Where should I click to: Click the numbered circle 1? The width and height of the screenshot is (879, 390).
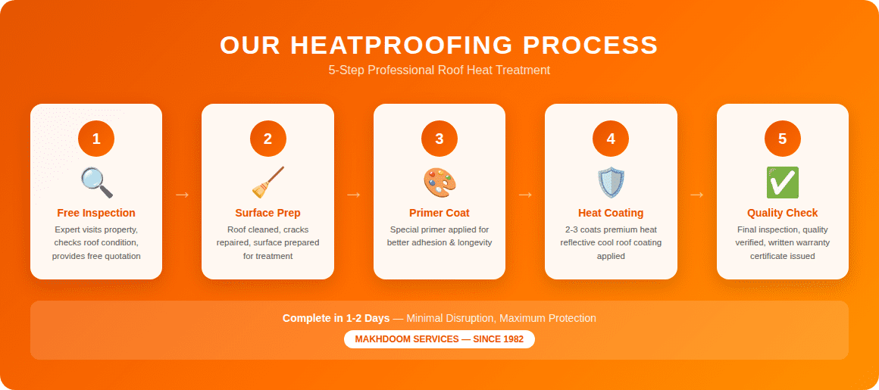96,139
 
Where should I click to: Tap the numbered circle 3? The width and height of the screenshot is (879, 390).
439,139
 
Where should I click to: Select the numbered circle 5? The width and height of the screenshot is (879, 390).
782,139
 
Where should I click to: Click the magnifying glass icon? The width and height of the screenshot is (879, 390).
96,183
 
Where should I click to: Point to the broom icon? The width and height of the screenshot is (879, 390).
267,183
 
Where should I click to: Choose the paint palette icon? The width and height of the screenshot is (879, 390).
439,183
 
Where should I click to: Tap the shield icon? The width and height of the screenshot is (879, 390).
611,183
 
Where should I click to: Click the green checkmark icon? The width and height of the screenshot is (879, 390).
782,183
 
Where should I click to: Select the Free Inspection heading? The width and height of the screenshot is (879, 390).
96,213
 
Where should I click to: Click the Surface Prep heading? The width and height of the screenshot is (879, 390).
267,213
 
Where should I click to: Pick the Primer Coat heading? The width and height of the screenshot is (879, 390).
439,213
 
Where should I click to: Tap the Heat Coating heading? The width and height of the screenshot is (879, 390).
611,213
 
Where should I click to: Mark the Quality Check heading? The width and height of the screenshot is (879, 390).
782,213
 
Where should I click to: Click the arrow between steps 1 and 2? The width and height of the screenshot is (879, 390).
182,195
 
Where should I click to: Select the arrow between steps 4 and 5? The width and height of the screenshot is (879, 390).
697,195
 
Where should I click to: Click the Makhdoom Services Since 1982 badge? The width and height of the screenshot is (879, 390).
439,339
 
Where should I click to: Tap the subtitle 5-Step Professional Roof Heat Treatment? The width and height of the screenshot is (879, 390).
439,70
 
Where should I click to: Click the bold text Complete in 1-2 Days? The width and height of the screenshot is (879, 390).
336,318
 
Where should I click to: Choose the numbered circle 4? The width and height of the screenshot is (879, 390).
611,139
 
